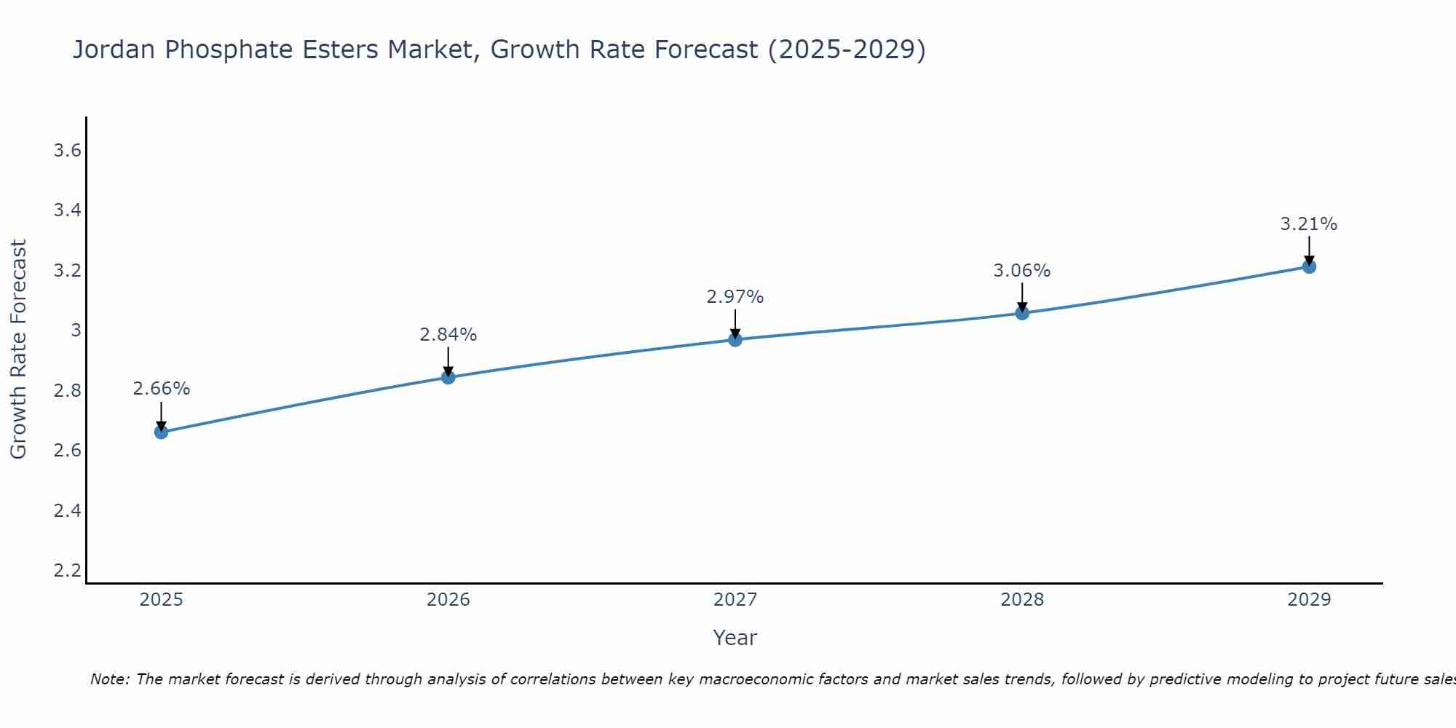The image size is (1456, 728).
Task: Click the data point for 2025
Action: click(161, 432)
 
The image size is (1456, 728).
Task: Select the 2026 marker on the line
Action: click(448, 377)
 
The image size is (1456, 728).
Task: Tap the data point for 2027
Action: click(735, 339)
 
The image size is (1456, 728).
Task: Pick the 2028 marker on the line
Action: click(1022, 313)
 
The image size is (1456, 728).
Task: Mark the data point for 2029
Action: click(1309, 266)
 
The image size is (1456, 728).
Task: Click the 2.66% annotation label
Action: click(161, 389)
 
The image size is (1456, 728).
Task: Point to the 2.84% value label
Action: click(448, 335)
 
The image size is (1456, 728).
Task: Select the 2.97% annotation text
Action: click(735, 297)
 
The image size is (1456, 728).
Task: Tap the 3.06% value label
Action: click(1022, 271)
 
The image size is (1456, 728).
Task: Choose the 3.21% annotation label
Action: click(1309, 224)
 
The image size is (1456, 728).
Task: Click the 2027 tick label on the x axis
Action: click(735, 600)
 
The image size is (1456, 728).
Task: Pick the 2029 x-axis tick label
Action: click(1309, 600)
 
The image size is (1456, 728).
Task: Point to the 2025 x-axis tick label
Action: click(161, 600)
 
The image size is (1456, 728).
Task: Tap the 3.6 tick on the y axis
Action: click(67, 151)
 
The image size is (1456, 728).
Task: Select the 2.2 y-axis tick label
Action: click(67, 570)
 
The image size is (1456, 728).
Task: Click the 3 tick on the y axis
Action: click(76, 331)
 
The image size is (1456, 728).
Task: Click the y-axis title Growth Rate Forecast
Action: click(18, 349)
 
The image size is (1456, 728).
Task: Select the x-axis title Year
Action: click(735, 638)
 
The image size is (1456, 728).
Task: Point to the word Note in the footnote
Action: click(109, 679)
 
